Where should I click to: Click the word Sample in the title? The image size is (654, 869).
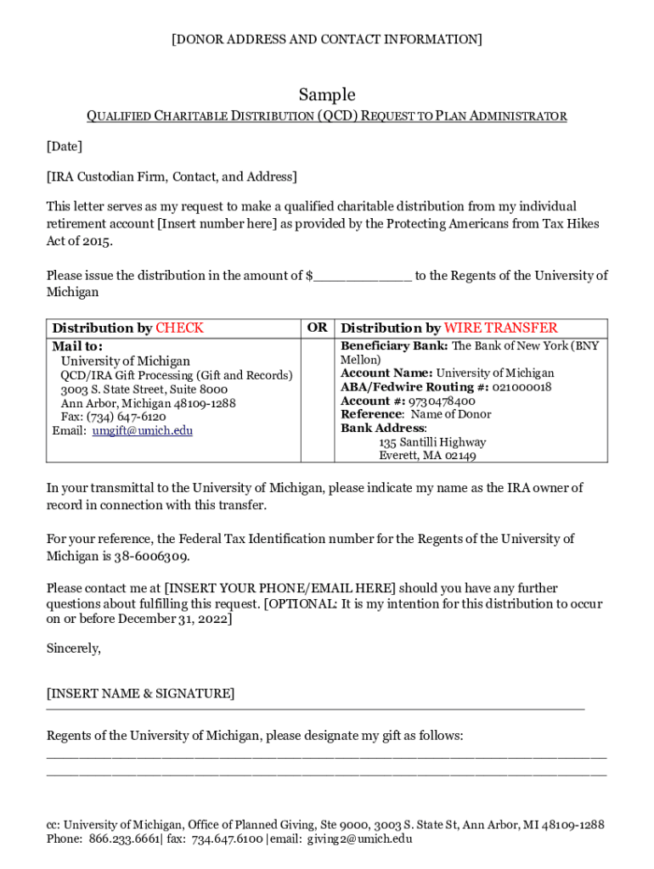327,94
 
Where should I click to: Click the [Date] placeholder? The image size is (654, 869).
65,147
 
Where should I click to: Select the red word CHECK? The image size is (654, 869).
179,328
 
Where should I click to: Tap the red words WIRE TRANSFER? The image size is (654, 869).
501,328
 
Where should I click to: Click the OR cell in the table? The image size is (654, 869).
317,328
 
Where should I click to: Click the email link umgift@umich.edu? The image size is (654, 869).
142,430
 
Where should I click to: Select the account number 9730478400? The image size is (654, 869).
442,401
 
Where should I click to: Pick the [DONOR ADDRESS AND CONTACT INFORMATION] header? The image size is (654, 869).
327,39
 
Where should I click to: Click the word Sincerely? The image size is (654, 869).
74,648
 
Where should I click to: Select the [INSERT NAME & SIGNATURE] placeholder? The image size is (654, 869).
140,693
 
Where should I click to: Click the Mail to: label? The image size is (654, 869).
77,346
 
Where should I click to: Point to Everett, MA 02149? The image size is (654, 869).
427,456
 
